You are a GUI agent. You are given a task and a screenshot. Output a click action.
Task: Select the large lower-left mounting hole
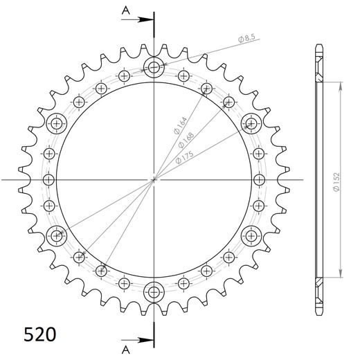pyautogui.click(x=56, y=235)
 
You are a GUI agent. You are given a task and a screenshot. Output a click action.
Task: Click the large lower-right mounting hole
pyautogui.click(x=250, y=235)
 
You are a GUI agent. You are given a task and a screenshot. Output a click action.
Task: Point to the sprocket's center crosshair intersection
pyautogui.click(x=153, y=180)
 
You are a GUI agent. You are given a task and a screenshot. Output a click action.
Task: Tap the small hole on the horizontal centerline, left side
pyautogui.click(x=48, y=180)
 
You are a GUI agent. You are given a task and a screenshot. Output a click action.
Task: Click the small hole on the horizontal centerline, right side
pyautogui.click(x=258, y=180)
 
